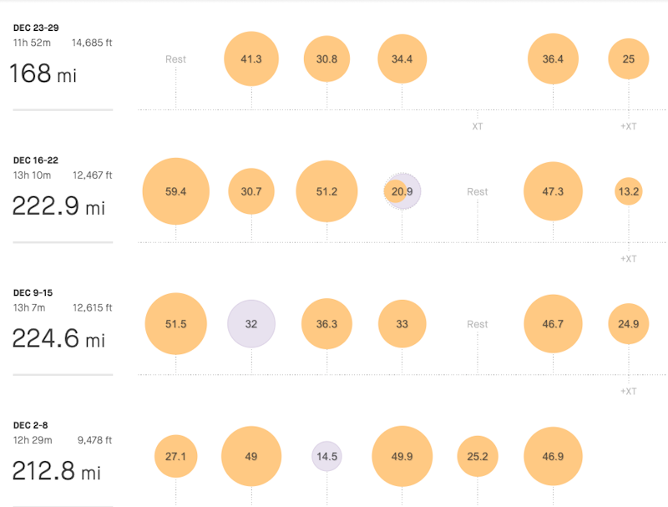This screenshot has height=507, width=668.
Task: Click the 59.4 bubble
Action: tap(175, 191)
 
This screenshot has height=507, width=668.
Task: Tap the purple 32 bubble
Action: tap(251, 324)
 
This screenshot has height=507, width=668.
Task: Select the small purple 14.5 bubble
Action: tap(326, 457)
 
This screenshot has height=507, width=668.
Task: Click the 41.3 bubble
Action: tap(251, 59)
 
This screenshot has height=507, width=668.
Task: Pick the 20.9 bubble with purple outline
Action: tap(402, 191)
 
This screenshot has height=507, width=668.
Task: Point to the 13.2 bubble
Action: tap(628, 191)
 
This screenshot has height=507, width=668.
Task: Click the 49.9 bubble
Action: tap(402, 457)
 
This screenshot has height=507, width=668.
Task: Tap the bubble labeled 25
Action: tap(628, 59)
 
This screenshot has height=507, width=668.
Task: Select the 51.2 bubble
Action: tap(326, 191)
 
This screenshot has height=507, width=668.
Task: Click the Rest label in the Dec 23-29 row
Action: tap(175, 59)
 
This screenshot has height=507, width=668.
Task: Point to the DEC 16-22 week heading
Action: tap(36, 160)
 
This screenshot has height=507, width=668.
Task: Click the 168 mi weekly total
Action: tap(43, 74)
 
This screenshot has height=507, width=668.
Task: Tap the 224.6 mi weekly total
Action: tap(58, 339)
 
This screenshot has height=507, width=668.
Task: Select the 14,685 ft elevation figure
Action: tap(92, 43)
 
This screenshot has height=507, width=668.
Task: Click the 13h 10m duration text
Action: tap(32, 175)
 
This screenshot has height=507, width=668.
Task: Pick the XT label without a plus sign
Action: tap(478, 126)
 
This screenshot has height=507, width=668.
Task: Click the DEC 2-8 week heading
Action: tap(31, 425)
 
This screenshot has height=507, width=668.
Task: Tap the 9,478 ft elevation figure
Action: tap(92, 440)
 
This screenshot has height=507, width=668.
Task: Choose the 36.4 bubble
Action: tap(553, 59)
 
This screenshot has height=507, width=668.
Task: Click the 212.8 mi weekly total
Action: tap(57, 472)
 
